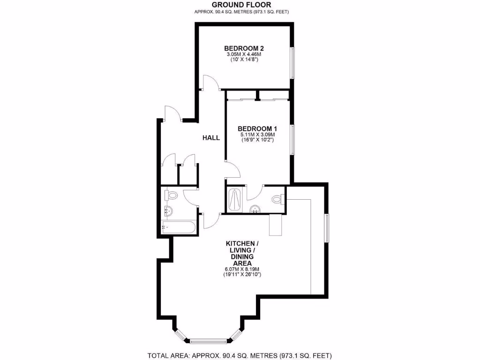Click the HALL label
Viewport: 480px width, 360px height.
click(x=211, y=138)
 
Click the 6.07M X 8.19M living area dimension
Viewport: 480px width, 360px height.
click(x=242, y=269)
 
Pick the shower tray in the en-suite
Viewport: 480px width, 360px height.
click(x=234, y=201)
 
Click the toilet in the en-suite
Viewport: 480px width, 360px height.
click(x=277, y=199)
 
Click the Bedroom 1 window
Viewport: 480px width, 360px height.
click(x=292, y=139)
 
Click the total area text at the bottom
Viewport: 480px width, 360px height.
click(x=240, y=355)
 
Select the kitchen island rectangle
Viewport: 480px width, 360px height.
click(x=276, y=225)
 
